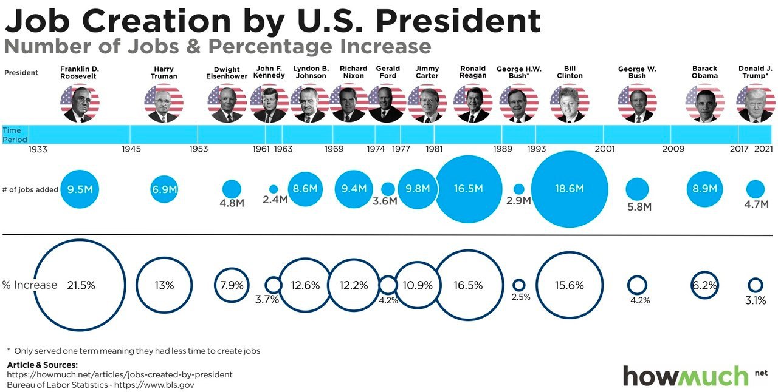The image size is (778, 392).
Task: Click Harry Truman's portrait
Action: point(164,103)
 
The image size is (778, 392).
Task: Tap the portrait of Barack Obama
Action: point(704,103)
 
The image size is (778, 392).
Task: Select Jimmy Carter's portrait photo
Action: point(427,103)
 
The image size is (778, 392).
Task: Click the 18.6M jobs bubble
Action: point(570,189)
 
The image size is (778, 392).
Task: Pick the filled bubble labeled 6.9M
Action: point(164,189)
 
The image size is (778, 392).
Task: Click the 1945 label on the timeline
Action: point(131,149)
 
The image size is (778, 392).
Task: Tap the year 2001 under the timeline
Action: point(605,149)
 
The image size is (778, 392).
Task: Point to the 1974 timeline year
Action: point(376,149)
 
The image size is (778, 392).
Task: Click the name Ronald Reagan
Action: point(473,72)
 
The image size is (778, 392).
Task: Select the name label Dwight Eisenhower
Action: point(227,72)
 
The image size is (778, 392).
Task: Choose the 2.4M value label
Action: point(275,200)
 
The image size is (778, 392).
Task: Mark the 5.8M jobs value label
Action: point(639,207)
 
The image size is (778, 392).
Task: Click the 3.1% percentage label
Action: point(756,300)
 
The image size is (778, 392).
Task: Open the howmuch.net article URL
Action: point(120,374)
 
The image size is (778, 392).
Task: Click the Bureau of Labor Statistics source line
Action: point(100,385)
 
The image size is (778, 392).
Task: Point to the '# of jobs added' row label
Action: point(30,189)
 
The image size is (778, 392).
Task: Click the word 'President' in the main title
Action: point(458,21)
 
